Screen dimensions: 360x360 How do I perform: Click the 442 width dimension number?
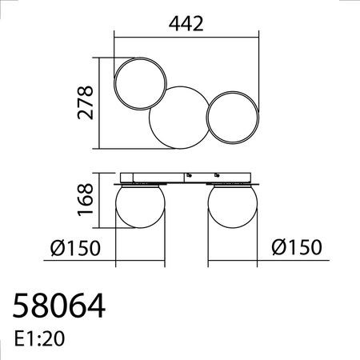pos(186,23)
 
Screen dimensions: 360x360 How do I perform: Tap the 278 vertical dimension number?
pos(86,102)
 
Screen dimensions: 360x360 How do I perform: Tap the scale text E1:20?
pos(40,338)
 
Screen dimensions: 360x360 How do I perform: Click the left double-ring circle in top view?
pos(142,82)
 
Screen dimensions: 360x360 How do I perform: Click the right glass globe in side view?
pos(233,207)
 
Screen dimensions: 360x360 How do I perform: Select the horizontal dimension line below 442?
pos(186,36)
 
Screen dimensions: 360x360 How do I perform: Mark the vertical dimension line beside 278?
pos(100,102)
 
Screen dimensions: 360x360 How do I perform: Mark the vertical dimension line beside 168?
pos(100,201)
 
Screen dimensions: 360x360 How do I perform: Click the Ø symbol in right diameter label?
pos(277,248)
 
